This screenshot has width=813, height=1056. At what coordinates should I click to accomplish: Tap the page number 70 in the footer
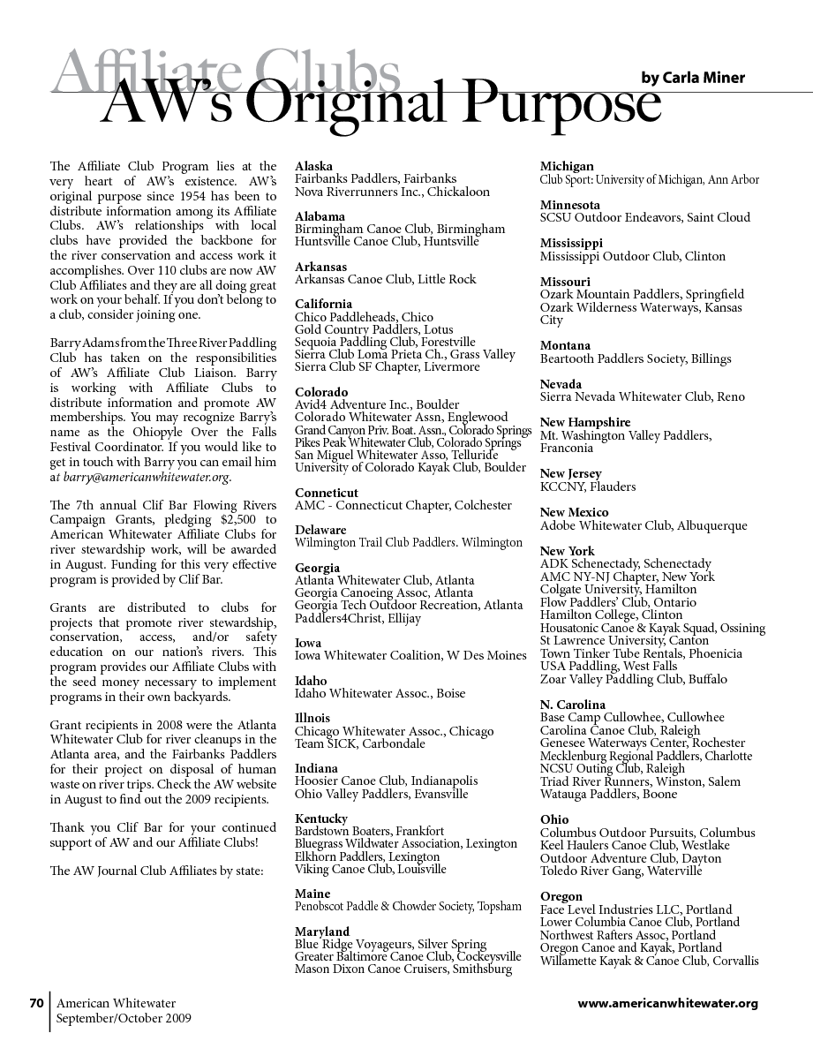pyautogui.click(x=36, y=1003)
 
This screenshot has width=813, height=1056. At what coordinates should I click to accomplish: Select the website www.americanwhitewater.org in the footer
pyautogui.click(x=667, y=1003)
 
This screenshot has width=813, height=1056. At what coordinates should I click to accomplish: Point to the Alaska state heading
pyautogui.click(x=313, y=166)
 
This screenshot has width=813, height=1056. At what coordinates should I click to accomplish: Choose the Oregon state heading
pyautogui.click(x=561, y=896)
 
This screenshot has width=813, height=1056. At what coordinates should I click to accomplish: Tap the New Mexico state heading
pyautogui.click(x=574, y=512)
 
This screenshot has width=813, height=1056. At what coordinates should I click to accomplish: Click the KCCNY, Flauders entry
pyautogui.click(x=587, y=487)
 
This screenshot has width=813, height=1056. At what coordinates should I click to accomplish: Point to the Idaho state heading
pyautogui.click(x=311, y=681)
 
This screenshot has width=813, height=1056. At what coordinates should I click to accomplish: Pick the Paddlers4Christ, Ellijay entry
pyautogui.click(x=358, y=618)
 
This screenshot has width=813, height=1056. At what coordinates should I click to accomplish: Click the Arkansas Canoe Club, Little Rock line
pyautogui.click(x=385, y=279)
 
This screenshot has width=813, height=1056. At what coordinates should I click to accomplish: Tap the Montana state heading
pyautogui.click(x=565, y=345)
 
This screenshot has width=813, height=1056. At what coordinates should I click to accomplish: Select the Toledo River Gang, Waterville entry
pyautogui.click(x=621, y=871)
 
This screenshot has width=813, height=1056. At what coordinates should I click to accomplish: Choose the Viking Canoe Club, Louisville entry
pyautogui.click(x=371, y=869)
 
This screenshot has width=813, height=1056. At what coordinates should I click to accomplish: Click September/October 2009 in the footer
pyautogui.click(x=124, y=1018)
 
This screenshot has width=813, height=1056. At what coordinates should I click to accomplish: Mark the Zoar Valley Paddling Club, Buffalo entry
pyautogui.click(x=633, y=679)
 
